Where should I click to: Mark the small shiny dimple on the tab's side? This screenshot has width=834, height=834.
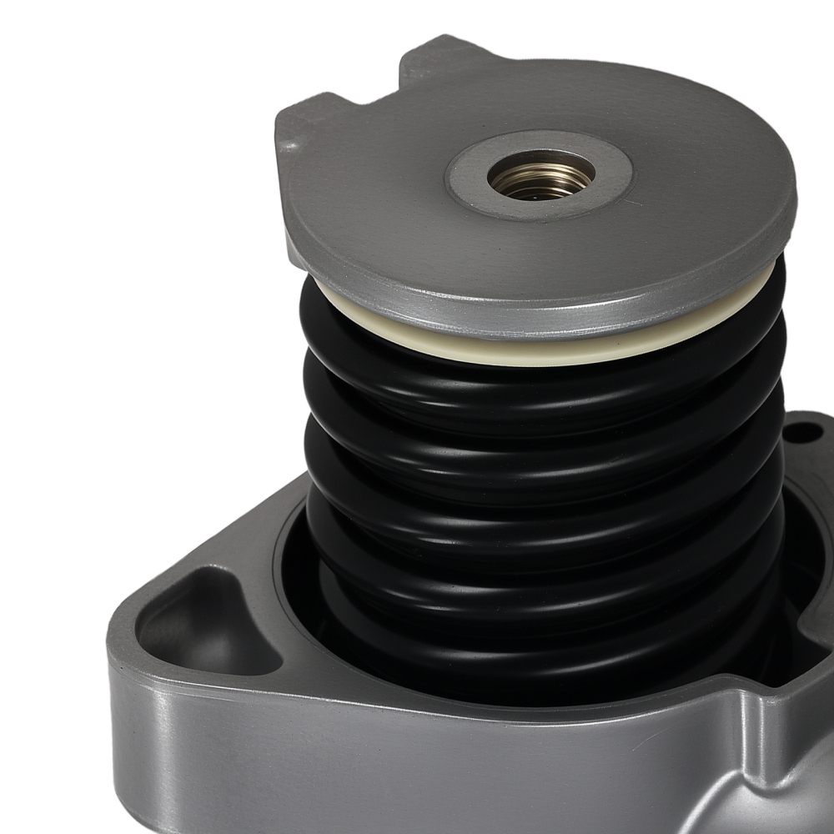tap(290, 145)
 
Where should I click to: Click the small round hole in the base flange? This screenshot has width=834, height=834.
tap(802, 433)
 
